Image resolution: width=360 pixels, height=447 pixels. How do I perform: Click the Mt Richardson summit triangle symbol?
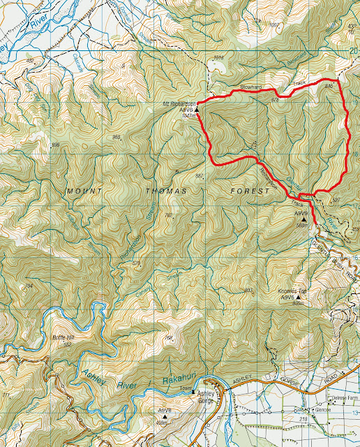[197, 110]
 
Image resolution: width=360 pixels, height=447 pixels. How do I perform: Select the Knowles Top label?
[293, 291]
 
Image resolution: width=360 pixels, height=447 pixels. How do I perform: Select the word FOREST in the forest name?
[250, 190]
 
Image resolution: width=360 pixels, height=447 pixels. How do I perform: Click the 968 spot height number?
[116, 138]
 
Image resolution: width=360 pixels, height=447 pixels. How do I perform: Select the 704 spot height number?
[28, 286]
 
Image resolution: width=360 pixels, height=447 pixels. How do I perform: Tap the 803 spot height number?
[248, 291]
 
